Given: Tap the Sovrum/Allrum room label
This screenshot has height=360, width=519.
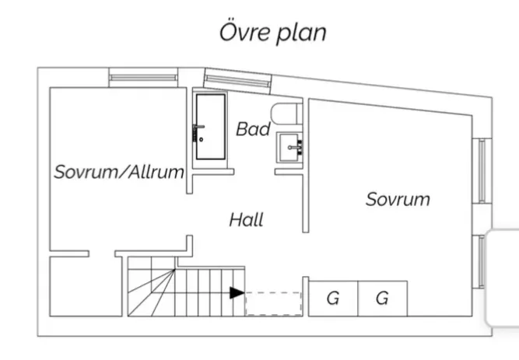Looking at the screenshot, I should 118,172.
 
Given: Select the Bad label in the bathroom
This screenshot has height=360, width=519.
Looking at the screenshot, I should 253,129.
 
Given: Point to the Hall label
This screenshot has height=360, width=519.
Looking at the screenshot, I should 246,220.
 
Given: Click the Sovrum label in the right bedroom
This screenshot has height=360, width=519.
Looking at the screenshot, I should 398,199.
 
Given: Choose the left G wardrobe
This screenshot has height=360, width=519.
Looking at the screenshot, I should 333,299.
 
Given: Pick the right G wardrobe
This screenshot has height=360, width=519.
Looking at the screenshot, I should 382,299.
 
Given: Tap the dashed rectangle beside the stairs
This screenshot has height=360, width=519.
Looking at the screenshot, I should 273,303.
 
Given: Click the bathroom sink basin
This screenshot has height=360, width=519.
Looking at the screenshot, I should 289,145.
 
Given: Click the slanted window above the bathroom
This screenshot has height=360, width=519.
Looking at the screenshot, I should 238,80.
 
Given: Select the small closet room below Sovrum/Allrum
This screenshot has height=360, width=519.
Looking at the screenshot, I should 86,285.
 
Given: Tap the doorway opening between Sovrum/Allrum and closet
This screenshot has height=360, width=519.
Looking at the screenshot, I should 103,253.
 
